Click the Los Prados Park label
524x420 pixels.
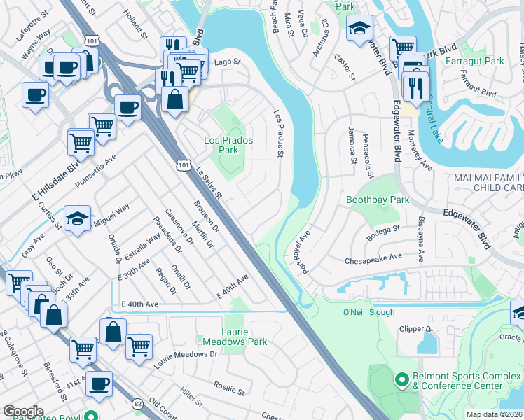click(x=228, y=145)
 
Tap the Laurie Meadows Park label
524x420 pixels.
click(x=235, y=337)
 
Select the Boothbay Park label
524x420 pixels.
click(x=378, y=199)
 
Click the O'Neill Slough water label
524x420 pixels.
click(x=369, y=312)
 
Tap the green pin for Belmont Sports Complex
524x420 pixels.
click(x=402, y=380)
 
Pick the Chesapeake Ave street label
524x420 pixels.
click(x=373, y=259)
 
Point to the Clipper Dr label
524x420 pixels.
click(x=415, y=328)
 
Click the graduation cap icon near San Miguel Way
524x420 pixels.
click(x=78, y=218)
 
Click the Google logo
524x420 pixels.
click(x=23, y=412)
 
